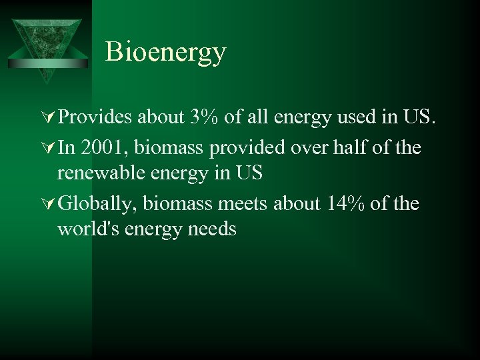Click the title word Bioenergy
pyautogui.click(x=165, y=53)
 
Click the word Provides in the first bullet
pyautogui.click(x=95, y=118)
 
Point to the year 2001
pyautogui.click(x=103, y=147)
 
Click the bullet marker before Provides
pyautogui.click(x=49, y=118)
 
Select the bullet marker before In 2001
pyautogui.click(x=49, y=147)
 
